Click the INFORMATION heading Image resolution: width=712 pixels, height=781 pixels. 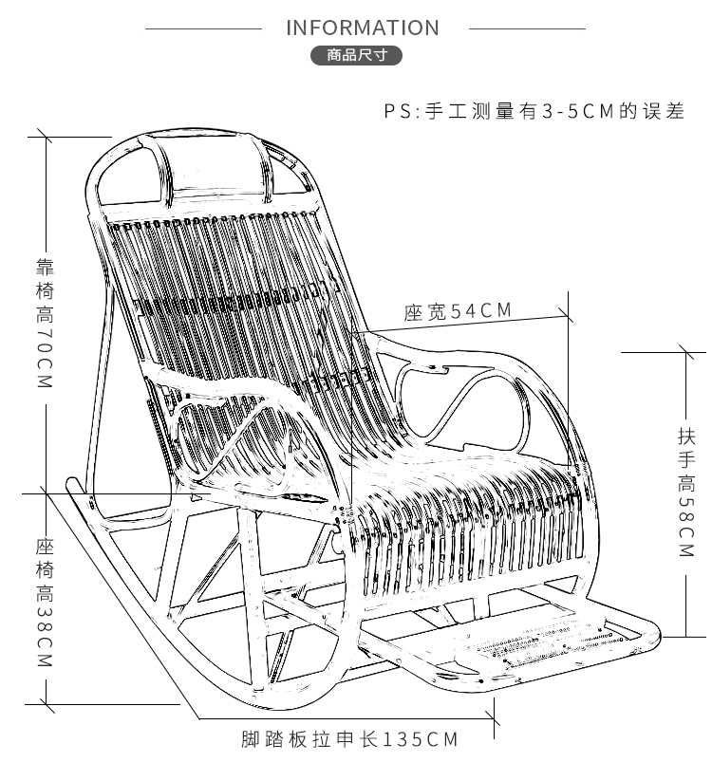tap(363, 28)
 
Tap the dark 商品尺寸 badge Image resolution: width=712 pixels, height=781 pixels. tap(357, 56)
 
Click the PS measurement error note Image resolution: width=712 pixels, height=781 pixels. tap(534, 111)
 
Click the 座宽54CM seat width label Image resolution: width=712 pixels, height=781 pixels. tap(458, 310)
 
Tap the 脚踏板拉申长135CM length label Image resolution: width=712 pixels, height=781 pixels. tap(348, 739)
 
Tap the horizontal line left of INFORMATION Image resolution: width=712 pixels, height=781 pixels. tap(203, 28)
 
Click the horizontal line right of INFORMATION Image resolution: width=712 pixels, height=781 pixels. tap(527, 28)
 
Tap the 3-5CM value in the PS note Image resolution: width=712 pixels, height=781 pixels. tap(577, 111)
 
